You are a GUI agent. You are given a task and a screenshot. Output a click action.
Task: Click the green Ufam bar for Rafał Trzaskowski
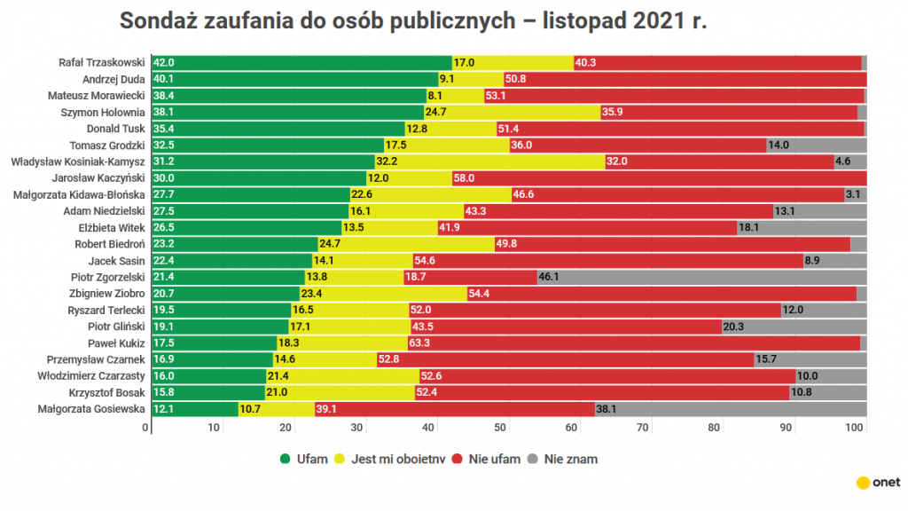pyautogui.click(x=301, y=63)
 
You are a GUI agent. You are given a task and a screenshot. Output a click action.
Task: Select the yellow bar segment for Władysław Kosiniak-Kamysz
pyautogui.click(x=489, y=162)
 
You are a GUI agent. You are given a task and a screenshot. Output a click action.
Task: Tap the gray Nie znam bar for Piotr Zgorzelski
pyautogui.click(x=701, y=278)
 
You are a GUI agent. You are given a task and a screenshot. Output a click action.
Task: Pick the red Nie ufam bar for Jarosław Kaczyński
pyautogui.click(x=658, y=178)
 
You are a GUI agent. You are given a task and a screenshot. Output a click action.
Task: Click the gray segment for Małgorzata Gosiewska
pyautogui.click(x=731, y=410)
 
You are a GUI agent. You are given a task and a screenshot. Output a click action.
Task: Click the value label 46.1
pyautogui.click(x=550, y=278)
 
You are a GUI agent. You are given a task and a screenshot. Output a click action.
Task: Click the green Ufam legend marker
pyautogui.click(x=286, y=460)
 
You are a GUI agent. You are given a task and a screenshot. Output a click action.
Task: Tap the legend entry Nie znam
pyautogui.click(x=563, y=460)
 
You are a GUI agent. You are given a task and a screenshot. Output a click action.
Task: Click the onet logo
pyautogui.click(x=878, y=483)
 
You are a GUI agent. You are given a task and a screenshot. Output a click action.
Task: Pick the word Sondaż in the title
pyautogui.click(x=158, y=22)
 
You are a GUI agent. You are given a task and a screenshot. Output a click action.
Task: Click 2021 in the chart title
pyautogui.click(x=660, y=22)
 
